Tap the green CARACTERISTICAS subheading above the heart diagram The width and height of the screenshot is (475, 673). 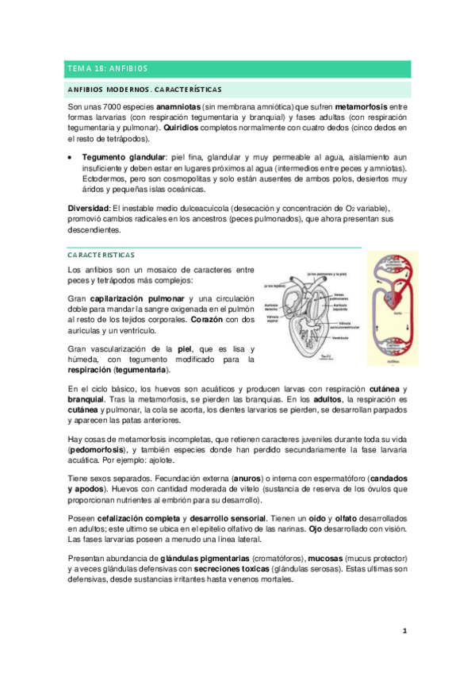click(101, 255)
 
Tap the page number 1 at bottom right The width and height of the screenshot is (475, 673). click(404, 630)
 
